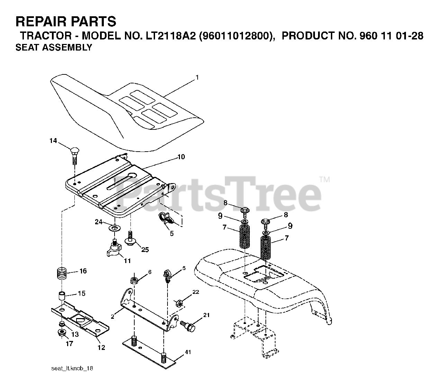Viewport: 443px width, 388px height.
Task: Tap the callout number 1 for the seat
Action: pos(197,78)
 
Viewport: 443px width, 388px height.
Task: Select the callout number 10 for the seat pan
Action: pos(181,157)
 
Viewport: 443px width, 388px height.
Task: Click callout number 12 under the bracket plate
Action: pos(101,348)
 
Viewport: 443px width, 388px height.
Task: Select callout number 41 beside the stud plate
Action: pos(187,352)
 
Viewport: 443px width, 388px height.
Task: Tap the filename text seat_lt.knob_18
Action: pos(72,368)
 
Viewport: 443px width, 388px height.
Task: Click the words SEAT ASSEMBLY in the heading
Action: pos(54,48)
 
